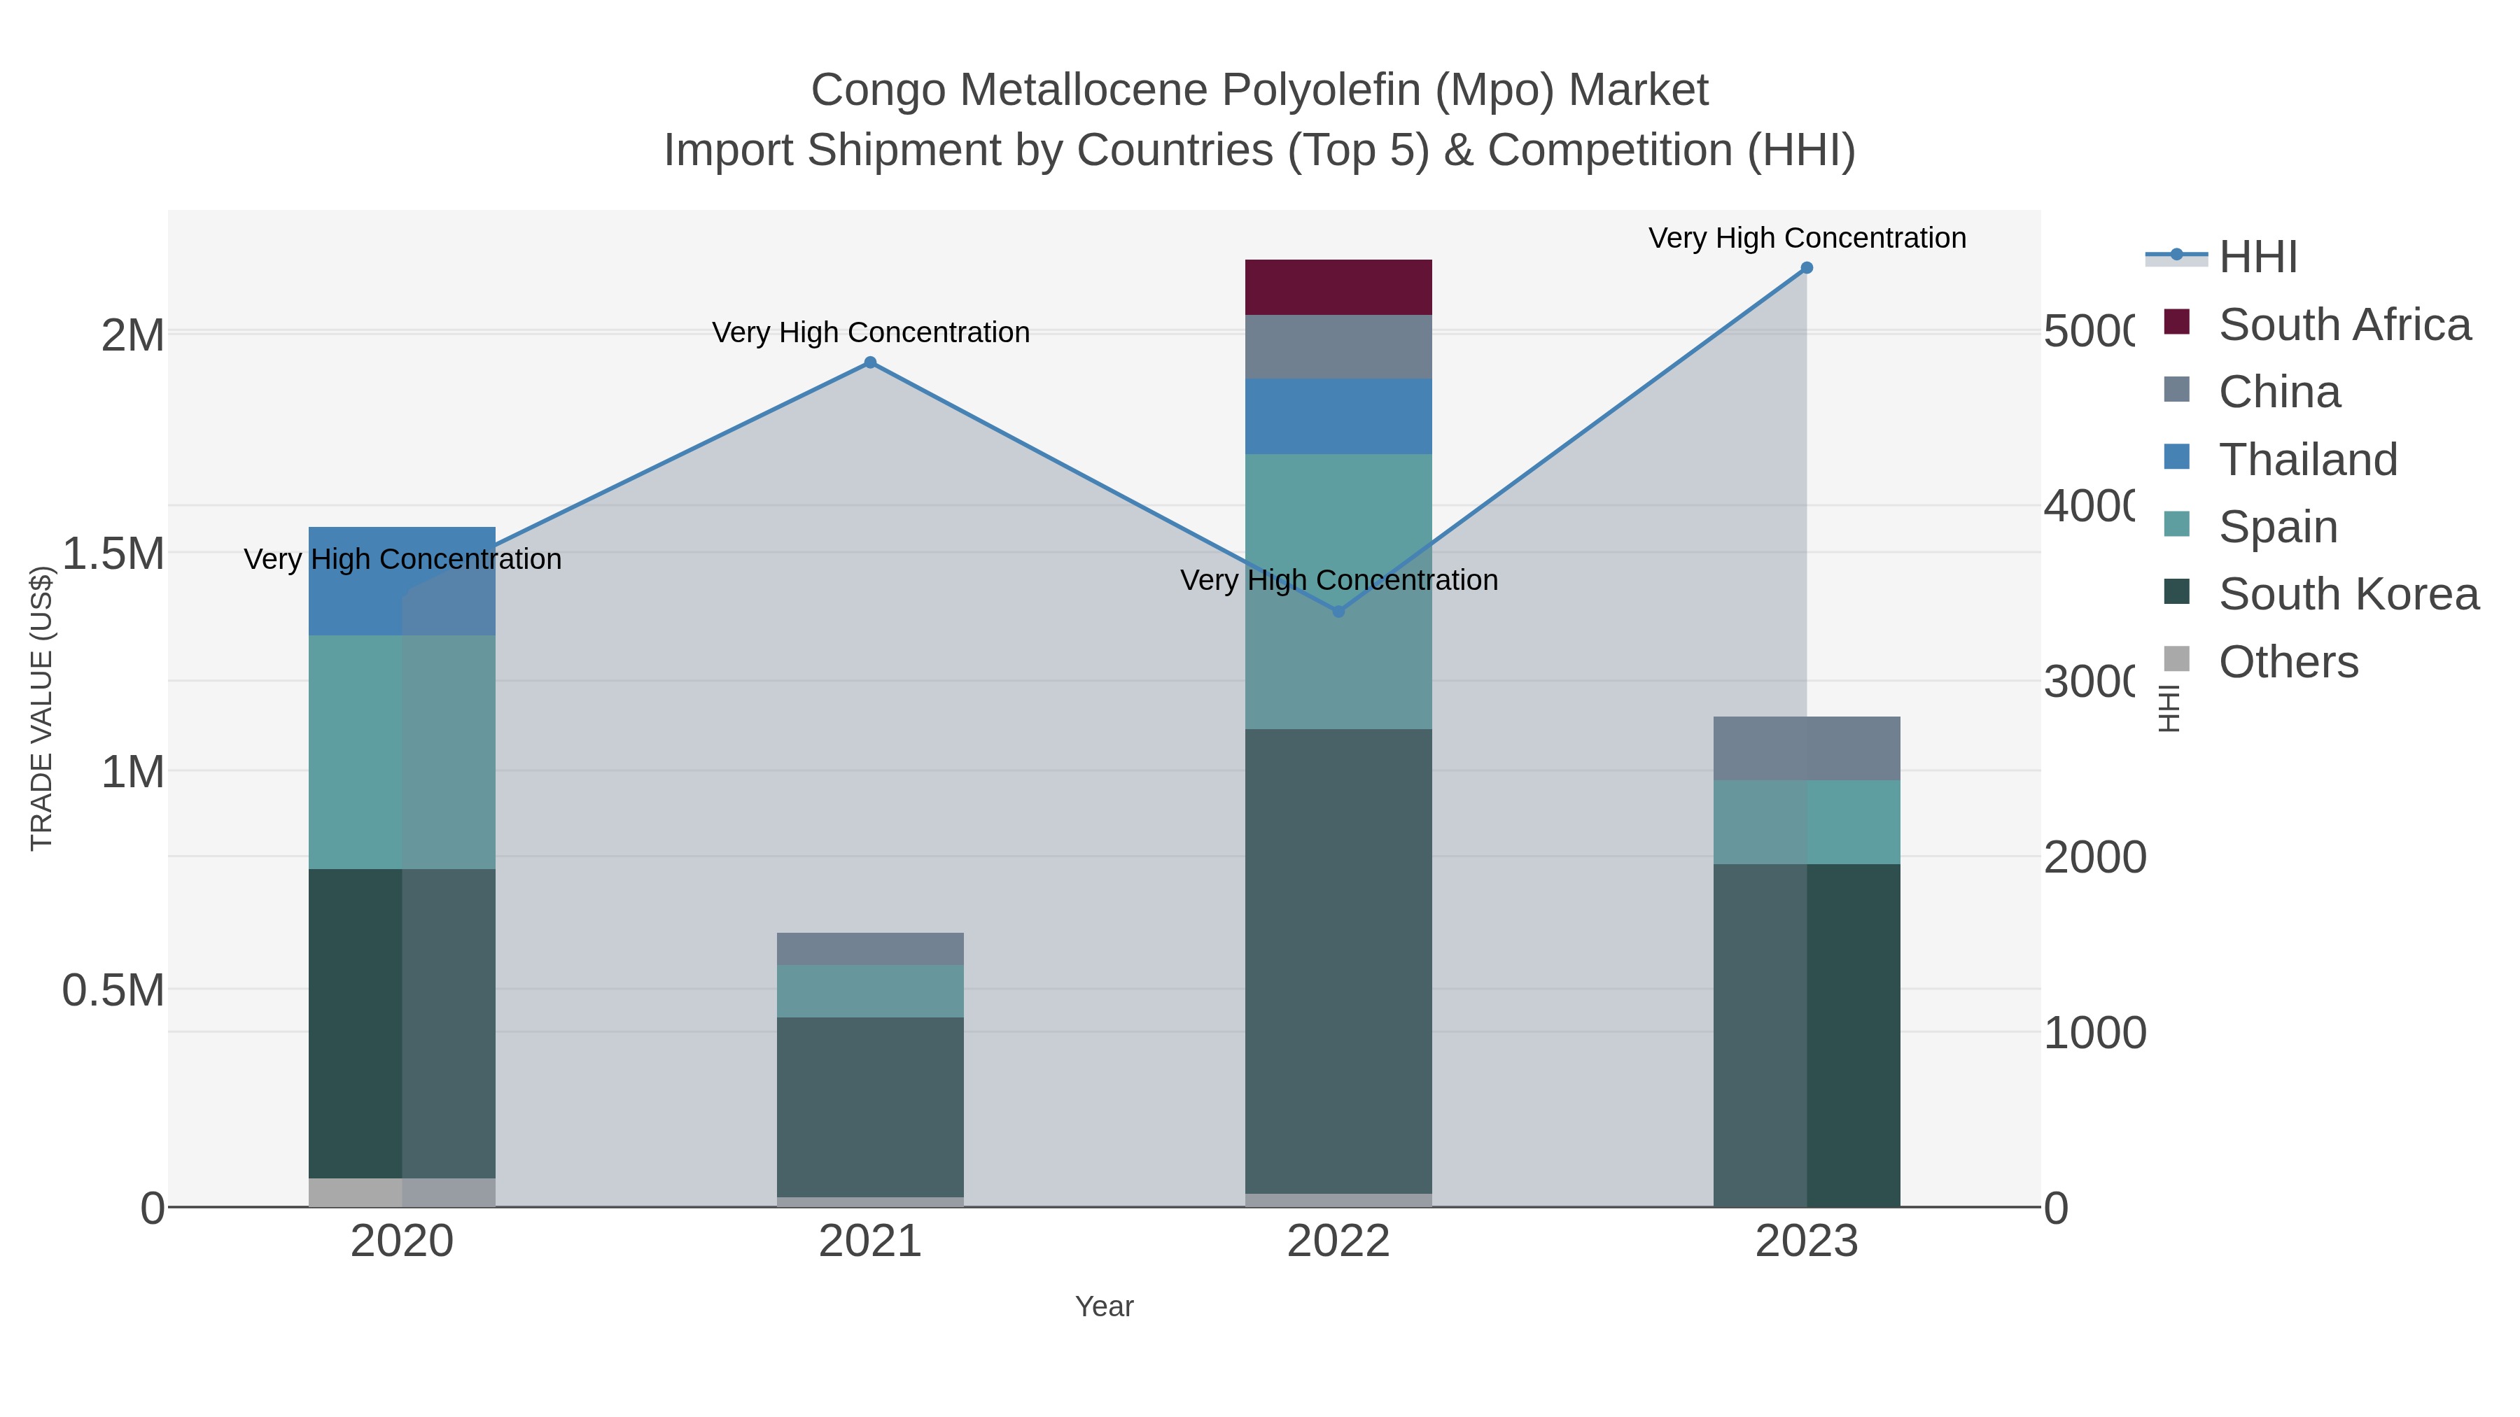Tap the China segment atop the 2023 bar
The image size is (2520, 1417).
(x=1806, y=748)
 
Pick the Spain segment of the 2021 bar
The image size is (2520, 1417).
(x=869, y=991)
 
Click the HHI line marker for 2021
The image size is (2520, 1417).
(x=869, y=362)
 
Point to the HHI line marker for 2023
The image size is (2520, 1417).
(x=1806, y=268)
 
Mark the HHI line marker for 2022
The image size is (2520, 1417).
(x=1338, y=611)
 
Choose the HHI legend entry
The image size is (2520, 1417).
(x=2257, y=258)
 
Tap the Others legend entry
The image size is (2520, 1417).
(x=2287, y=661)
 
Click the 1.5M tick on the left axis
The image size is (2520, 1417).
(x=113, y=554)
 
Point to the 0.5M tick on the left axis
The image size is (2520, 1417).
(x=113, y=991)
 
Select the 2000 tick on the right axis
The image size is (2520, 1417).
(x=2094, y=858)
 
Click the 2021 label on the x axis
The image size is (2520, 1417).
(x=869, y=1242)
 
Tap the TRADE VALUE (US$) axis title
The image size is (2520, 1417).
(x=41, y=708)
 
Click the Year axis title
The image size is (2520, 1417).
(x=1103, y=1306)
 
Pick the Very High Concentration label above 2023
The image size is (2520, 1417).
(x=1806, y=238)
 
